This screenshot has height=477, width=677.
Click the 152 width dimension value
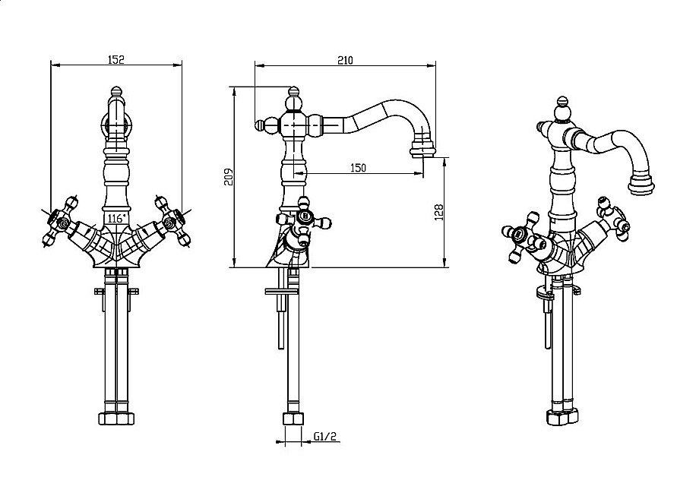115,58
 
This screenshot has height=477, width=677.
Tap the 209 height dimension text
227,177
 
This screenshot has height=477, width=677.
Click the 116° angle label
115,218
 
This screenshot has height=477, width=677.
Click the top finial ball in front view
115,96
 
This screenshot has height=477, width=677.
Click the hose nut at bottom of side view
291,419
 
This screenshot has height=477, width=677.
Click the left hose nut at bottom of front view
107,418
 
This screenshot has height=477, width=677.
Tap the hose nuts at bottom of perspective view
561,419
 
